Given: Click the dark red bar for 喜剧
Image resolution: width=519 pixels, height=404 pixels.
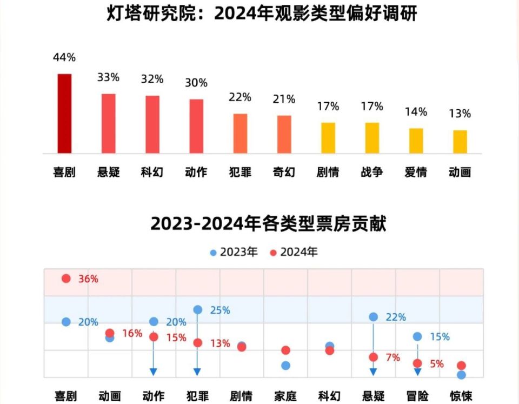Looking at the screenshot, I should [64, 114].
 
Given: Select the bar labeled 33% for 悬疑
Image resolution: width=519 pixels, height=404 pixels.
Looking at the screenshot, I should [108, 124].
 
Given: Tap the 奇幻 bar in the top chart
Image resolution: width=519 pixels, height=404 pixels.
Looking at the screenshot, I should [284, 135].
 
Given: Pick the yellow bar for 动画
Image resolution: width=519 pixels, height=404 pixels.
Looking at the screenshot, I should [460, 142].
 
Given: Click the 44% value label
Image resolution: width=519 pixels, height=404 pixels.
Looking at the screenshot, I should [64, 57].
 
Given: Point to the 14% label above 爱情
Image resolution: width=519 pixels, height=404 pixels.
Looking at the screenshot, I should [416, 112].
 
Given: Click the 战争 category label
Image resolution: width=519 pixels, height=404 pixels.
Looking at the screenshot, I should [372, 173].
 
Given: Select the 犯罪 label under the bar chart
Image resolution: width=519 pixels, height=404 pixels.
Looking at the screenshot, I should [240, 173].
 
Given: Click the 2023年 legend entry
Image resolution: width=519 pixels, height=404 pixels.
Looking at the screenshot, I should [234, 252].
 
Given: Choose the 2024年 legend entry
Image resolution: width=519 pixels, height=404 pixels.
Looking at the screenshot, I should [294, 252].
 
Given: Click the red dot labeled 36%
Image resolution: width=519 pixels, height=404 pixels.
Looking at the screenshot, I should [66, 279].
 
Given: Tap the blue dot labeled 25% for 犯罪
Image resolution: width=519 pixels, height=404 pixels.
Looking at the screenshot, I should [198, 310].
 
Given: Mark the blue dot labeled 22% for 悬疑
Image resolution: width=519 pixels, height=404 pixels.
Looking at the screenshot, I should [373, 317].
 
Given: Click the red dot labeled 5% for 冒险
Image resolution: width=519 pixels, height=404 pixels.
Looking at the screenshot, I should [417, 363].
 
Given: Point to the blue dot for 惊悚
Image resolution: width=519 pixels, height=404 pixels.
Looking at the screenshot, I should [461, 375].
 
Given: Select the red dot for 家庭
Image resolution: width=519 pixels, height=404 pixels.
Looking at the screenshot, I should [285, 350].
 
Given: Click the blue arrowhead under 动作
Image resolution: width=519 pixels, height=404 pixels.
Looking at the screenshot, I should [154, 372].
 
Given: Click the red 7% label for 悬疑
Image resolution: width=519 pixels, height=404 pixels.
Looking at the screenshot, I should [393, 357].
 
